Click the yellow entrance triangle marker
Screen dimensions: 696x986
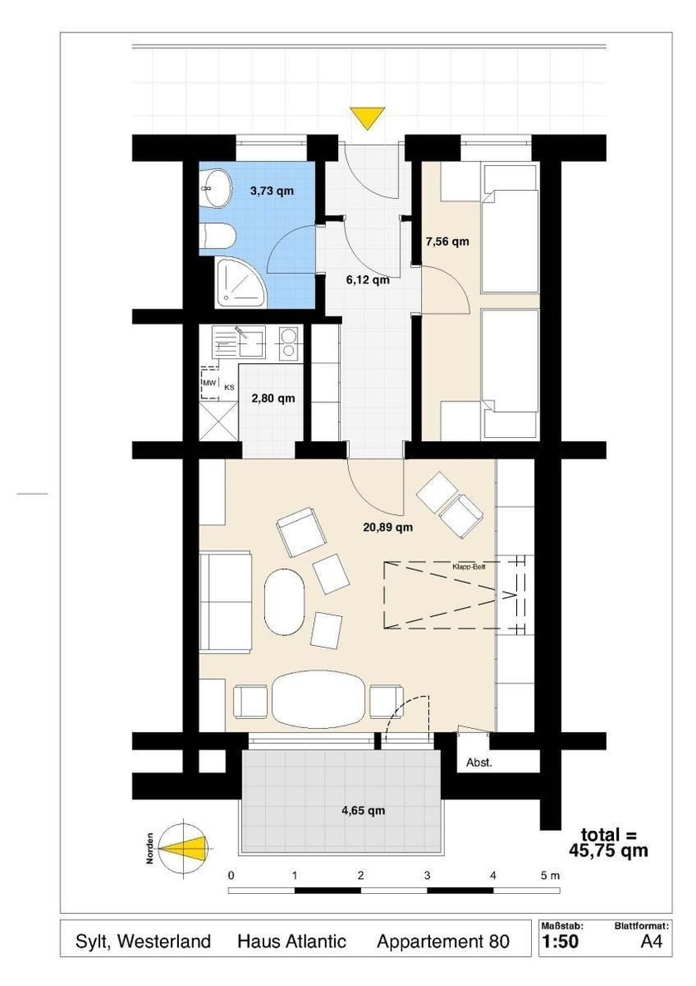pyautogui.click(x=368, y=118)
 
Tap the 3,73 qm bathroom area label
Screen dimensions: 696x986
pyautogui.click(x=272, y=191)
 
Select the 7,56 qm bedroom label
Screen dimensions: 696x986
pyautogui.click(x=447, y=240)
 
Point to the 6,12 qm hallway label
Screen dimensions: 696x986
pyautogui.click(x=368, y=279)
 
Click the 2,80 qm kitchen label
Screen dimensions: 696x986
pyautogui.click(x=273, y=398)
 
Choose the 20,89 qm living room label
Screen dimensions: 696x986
pyautogui.click(x=389, y=527)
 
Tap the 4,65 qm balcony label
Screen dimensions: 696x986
pyautogui.click(x=363, y=810)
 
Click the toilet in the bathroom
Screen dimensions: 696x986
pyautogui.click(x=217, y=237)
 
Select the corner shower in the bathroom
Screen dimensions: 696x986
pyautogui.click(x=240, y=282)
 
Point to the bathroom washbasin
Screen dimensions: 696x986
pyautogui.click(x=215, y=188)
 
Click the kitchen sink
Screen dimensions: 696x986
pyautogui.click(x=239, y=342)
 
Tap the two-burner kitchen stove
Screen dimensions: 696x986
pyautogui.click(x=288, y=342)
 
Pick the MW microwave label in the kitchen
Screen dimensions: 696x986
pyautogui.click(x=209, y=382)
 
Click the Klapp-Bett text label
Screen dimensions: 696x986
pyautogui.click(x=469, y=566)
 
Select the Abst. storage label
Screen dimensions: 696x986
pyautogui.click(x=479, y=763)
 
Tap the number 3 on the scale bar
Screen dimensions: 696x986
pyautogui.click(x=428, y=876)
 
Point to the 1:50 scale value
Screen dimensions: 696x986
pyautogui.click(x=560, y=941)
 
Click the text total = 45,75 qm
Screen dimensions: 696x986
pyautogui.click(x=608, y=843)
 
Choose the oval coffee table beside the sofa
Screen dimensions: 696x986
pyautogui.click(x=284, y=602)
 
